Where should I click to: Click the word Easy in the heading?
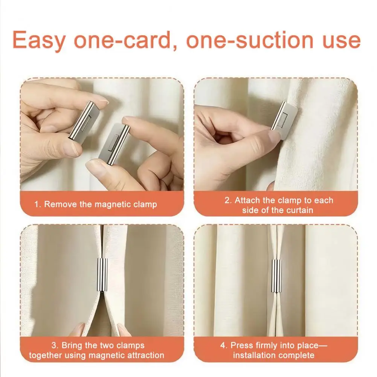click(39, 40)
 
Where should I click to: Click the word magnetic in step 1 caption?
click(113, 205)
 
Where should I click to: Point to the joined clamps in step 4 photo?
click(276, 276)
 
